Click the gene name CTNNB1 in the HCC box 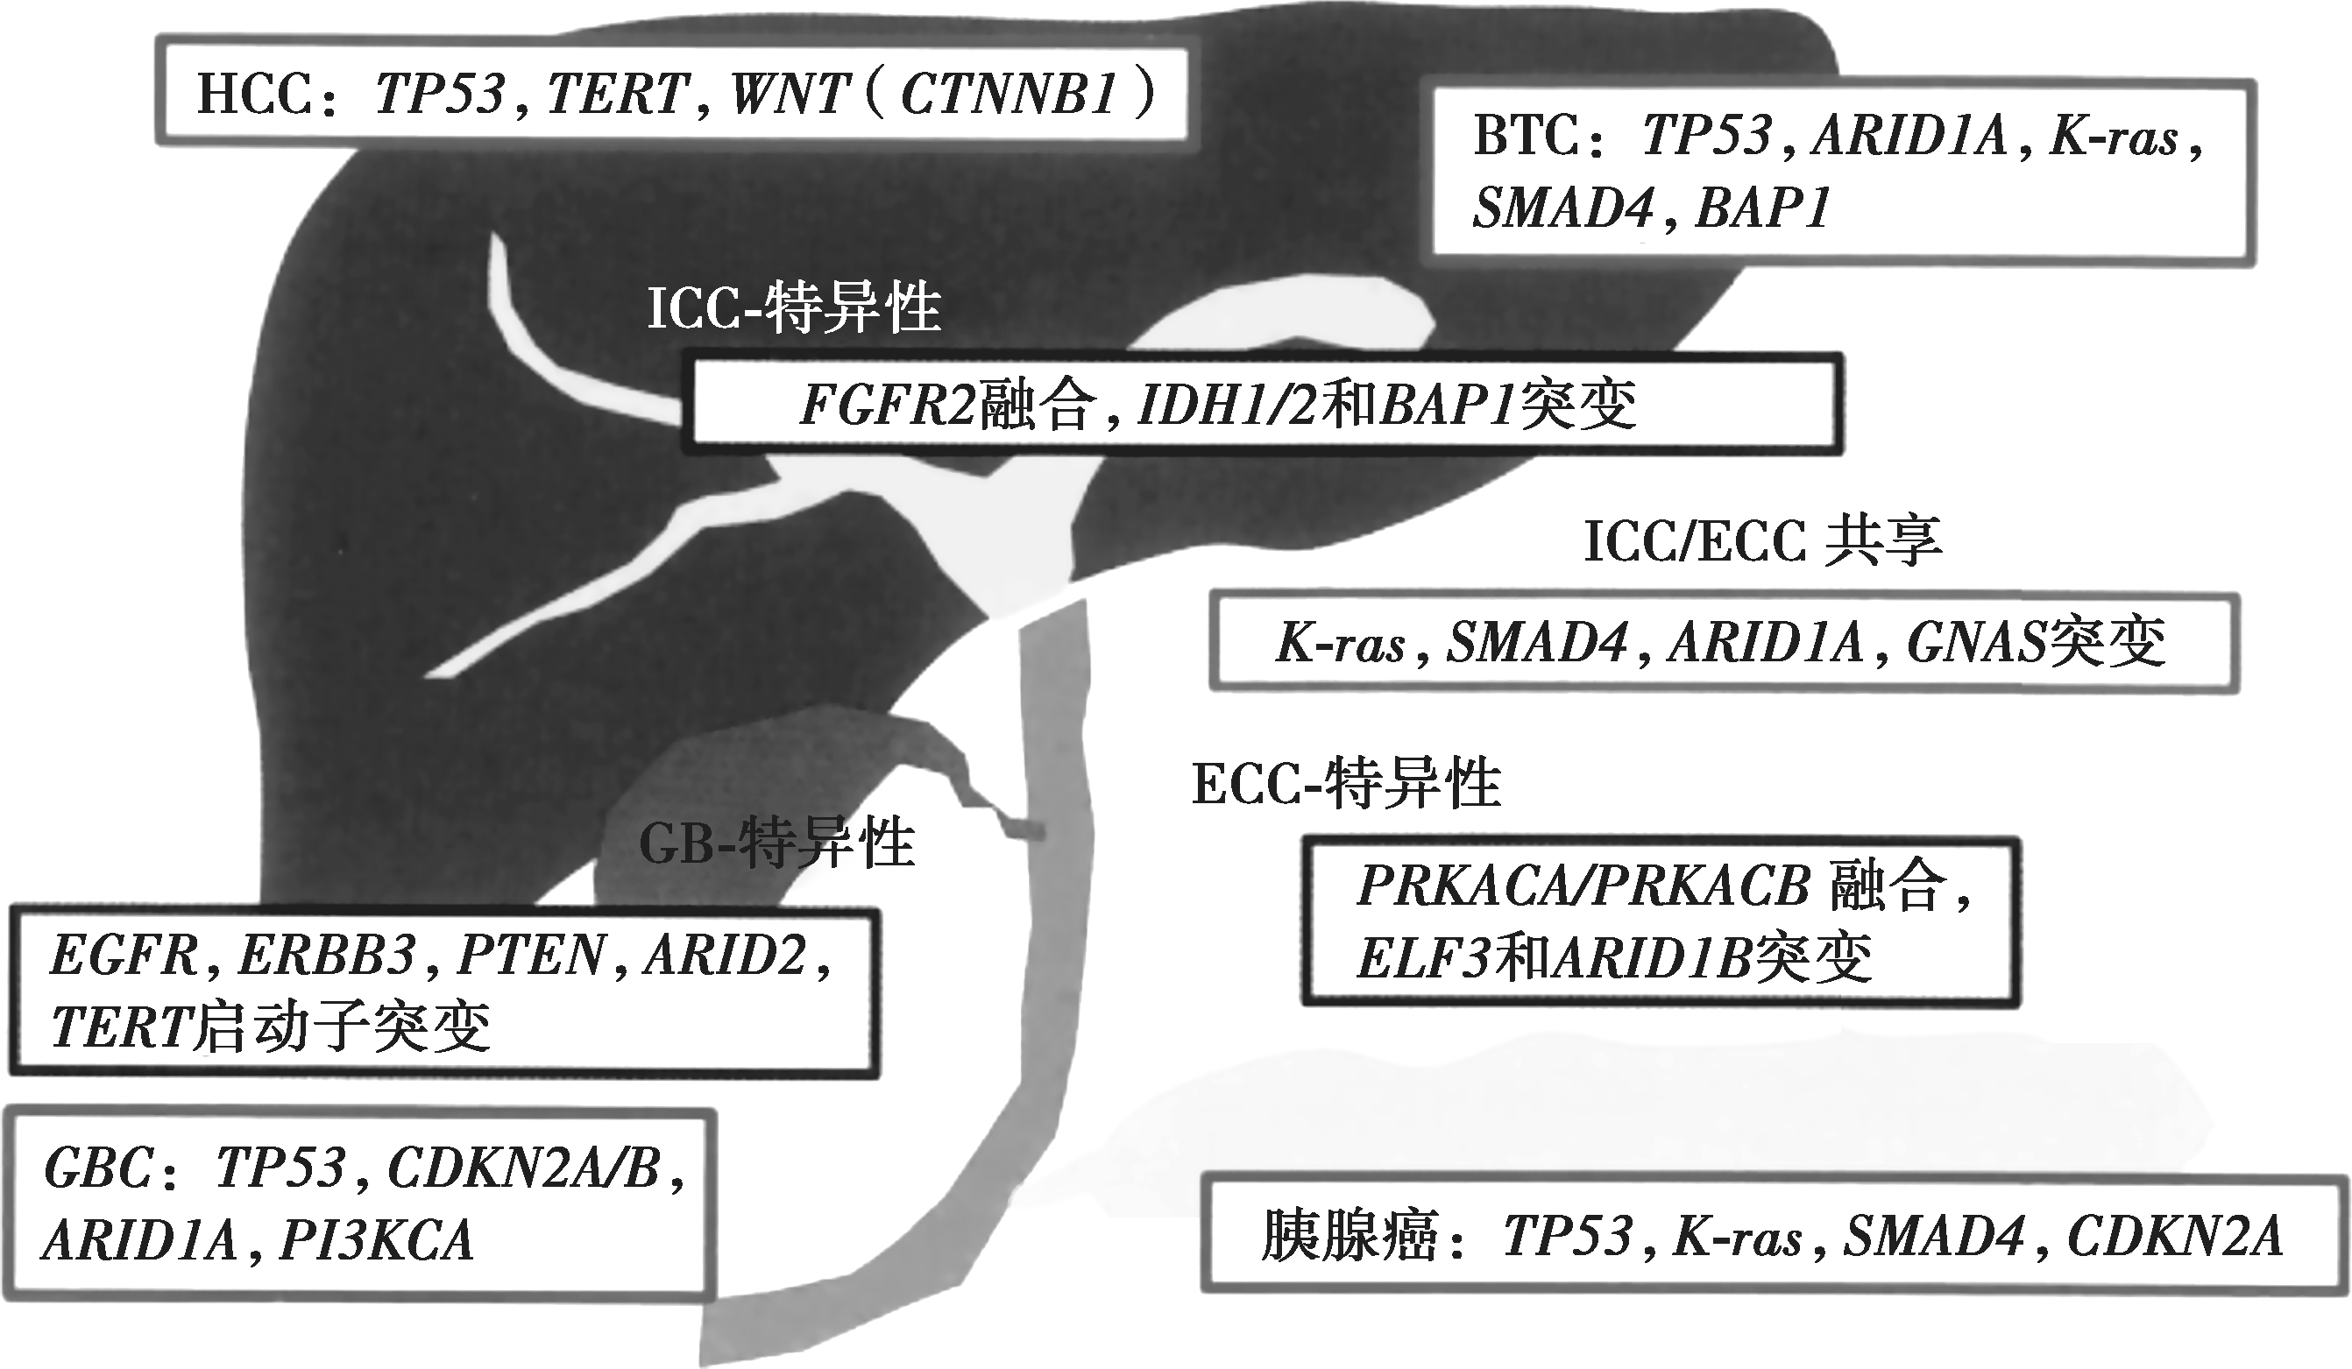[1008, 95]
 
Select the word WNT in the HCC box [790, 95]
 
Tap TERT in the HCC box [618, 95]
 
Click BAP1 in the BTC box [1762, 208]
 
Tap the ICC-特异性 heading [793, 308]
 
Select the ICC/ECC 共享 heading [1763, 541]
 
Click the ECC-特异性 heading [1347, 783]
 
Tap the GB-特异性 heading [776, 843]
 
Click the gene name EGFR [124, 955]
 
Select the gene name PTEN [531, 955]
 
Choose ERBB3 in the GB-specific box [328, 955]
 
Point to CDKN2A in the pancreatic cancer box [2175, 1237]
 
